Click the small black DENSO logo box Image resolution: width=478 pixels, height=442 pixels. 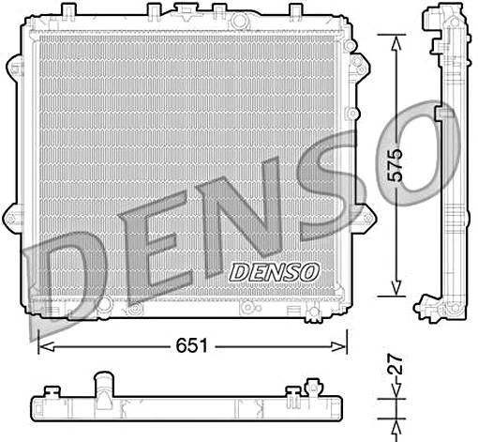pyautogui.click(x=275, y=270)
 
